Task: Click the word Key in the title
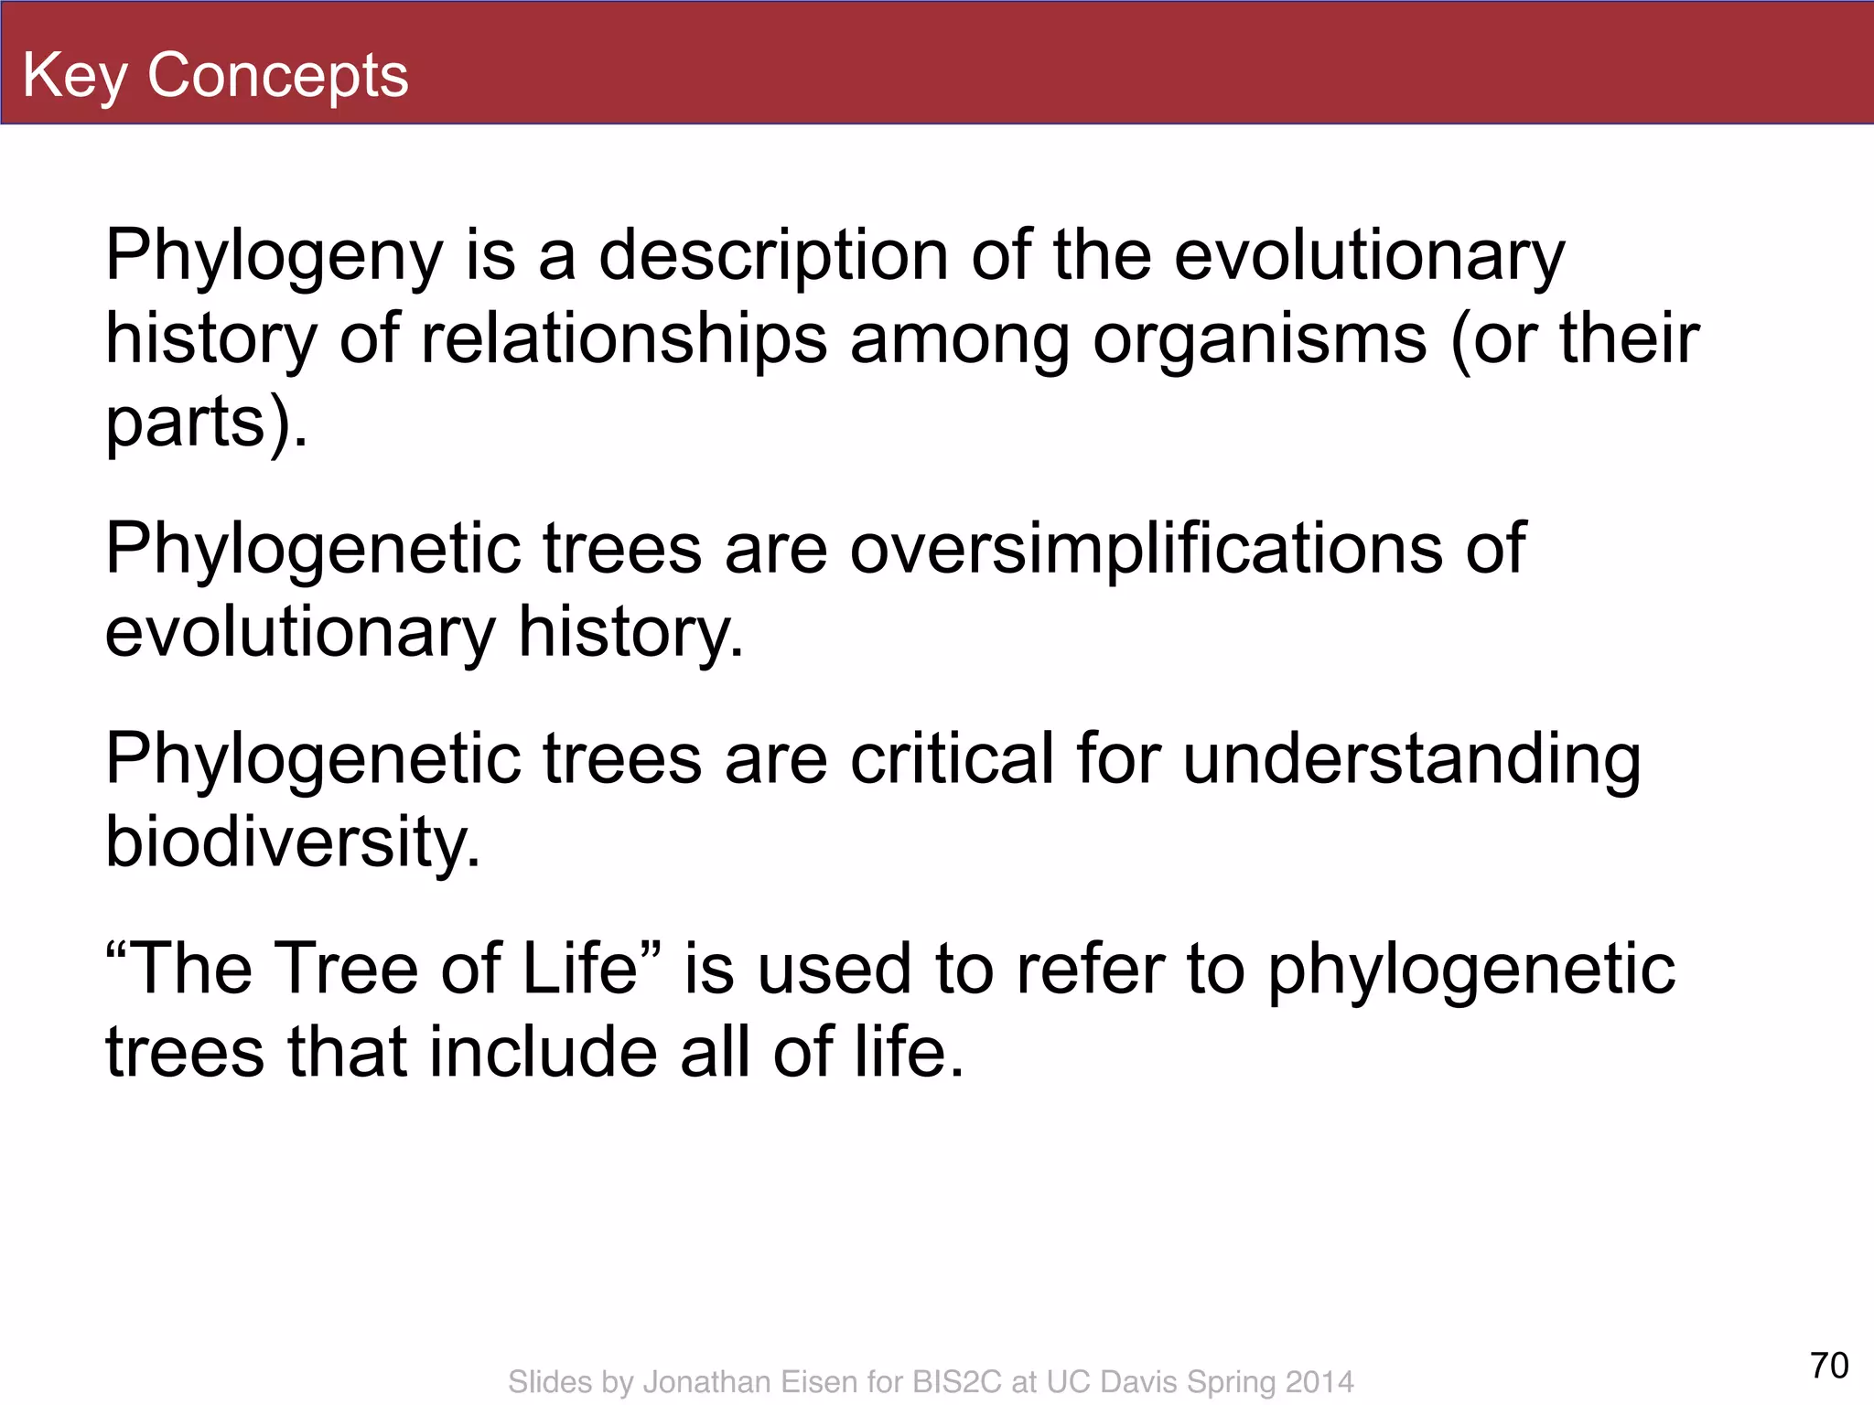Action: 75,75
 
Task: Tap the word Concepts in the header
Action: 277,75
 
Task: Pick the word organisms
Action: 1260,338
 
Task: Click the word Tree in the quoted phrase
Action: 347,969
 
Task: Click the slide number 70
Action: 1829,1366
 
